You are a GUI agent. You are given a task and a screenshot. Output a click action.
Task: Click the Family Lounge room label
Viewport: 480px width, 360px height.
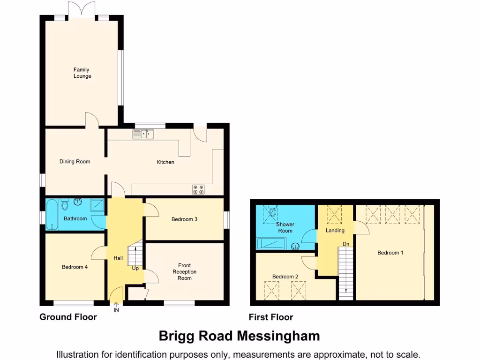82,73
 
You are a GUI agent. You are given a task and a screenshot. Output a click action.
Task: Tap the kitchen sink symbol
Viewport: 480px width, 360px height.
143,135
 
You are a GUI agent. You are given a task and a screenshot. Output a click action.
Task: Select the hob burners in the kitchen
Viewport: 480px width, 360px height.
198,189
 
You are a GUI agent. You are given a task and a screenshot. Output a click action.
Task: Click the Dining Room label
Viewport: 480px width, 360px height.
75,162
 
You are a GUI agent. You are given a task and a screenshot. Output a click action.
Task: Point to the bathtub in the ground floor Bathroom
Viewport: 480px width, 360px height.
52,215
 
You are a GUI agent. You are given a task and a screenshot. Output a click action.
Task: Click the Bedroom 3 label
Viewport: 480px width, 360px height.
184,219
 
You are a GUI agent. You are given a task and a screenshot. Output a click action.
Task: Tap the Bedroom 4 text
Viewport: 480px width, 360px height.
75,267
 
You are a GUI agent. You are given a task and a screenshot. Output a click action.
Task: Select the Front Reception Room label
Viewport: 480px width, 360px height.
184,272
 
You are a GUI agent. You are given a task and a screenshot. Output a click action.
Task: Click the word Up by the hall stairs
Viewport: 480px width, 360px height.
135,269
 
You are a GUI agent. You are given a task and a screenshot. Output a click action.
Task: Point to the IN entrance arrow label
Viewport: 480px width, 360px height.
116,309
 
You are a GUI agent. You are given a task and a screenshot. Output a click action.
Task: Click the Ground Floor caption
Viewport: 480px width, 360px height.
68,317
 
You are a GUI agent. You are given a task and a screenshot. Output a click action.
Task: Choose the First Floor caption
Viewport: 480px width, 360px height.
271,317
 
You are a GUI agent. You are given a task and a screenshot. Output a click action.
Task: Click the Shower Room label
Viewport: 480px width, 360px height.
285,228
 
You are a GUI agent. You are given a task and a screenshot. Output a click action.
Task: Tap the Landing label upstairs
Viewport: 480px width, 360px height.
335,231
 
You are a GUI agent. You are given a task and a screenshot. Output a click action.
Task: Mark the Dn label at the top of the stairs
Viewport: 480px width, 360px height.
346,244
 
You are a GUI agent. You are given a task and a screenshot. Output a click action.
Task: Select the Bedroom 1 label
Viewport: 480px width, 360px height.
390,253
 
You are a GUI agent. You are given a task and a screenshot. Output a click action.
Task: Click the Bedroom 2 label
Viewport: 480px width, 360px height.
285,277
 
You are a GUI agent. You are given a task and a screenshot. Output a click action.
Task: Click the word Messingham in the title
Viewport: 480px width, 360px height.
278,336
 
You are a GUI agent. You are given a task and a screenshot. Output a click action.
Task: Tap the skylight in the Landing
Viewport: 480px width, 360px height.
335,215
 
